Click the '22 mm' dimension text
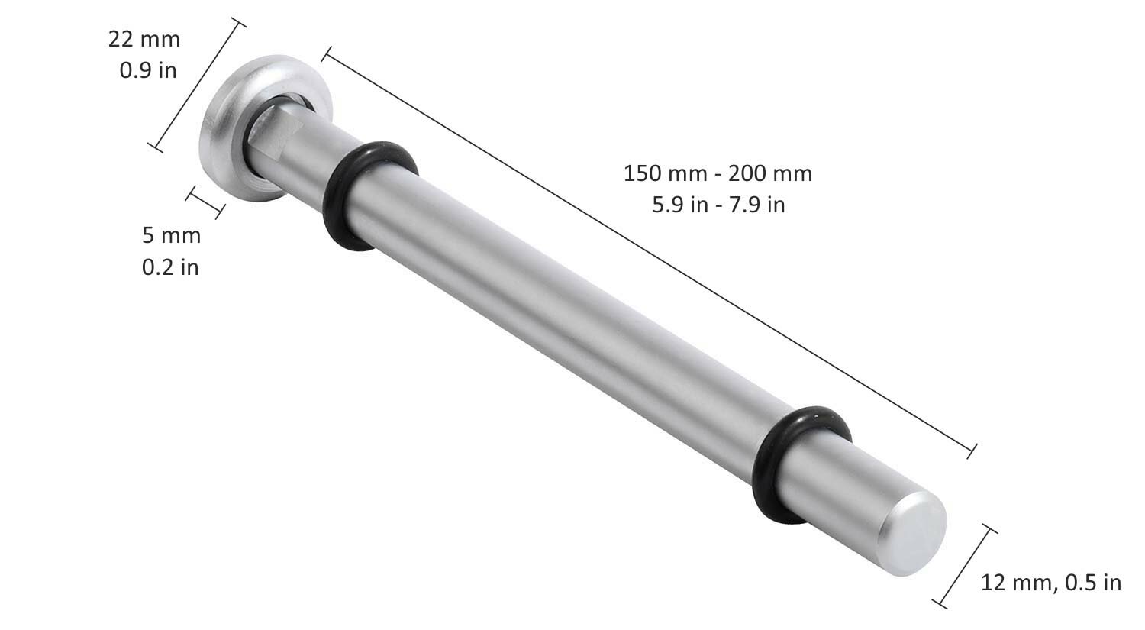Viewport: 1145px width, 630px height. (x=144, y=40)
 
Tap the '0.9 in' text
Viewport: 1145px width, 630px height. (x=148, y=70)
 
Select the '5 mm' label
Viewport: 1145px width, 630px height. (x=171, y=235)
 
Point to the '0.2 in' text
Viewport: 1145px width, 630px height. (x=170, y=267)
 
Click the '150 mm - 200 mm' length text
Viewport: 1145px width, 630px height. (x=718, y=174)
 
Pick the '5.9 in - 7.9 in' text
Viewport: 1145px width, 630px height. (x=718, y=205)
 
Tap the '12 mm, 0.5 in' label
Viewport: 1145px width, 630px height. (x=1051, y=583)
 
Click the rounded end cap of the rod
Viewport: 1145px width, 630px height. (x=912, y=534)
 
